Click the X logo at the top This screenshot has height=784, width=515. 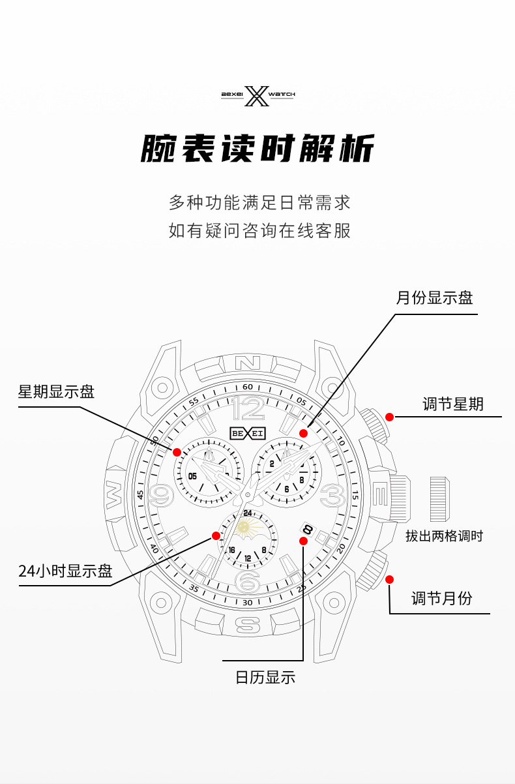[258, 95]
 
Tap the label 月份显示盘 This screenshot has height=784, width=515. [434, 298]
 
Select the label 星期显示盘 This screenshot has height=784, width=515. [56, 391]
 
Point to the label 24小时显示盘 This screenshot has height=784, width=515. [65, 571]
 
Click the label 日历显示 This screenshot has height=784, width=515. [265, 677]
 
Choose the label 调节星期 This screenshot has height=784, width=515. [453, 404]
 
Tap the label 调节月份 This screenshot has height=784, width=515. [441, 598]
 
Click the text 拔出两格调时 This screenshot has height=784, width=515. [445, 536]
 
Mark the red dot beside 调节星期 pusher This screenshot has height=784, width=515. [389, 417]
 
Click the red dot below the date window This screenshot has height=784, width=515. [303, 541]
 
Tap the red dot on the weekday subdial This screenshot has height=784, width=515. [177, 451]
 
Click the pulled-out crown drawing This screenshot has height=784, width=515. [439, 499]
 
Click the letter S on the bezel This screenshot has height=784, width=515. [247, 625]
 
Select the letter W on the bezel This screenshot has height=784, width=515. [114, 494]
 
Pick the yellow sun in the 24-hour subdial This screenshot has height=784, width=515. [244, 526]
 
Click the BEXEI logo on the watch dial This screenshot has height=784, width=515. [248, 432]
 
